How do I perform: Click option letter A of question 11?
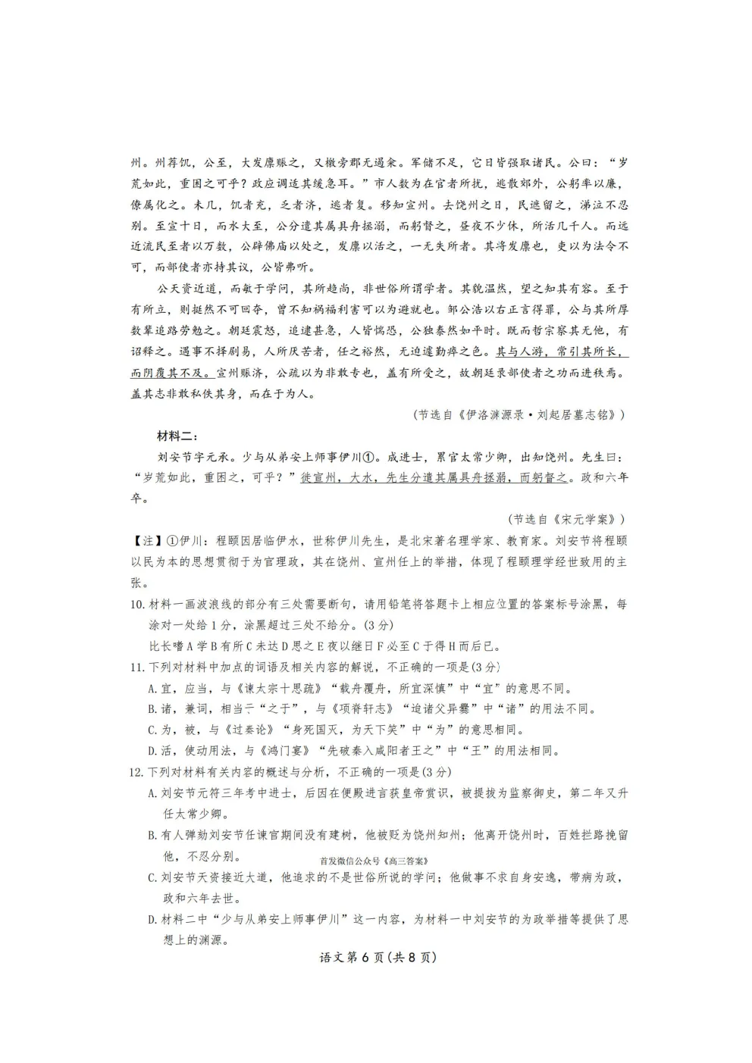coord(152,688)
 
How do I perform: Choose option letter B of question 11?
coord(152,709)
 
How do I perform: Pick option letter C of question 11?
coord(152,730)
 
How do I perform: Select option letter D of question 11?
coord(152,751)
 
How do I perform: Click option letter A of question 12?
coord(152,793)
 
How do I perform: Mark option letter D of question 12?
coord(152,919)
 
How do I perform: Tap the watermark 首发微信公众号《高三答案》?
coord(374,861)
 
